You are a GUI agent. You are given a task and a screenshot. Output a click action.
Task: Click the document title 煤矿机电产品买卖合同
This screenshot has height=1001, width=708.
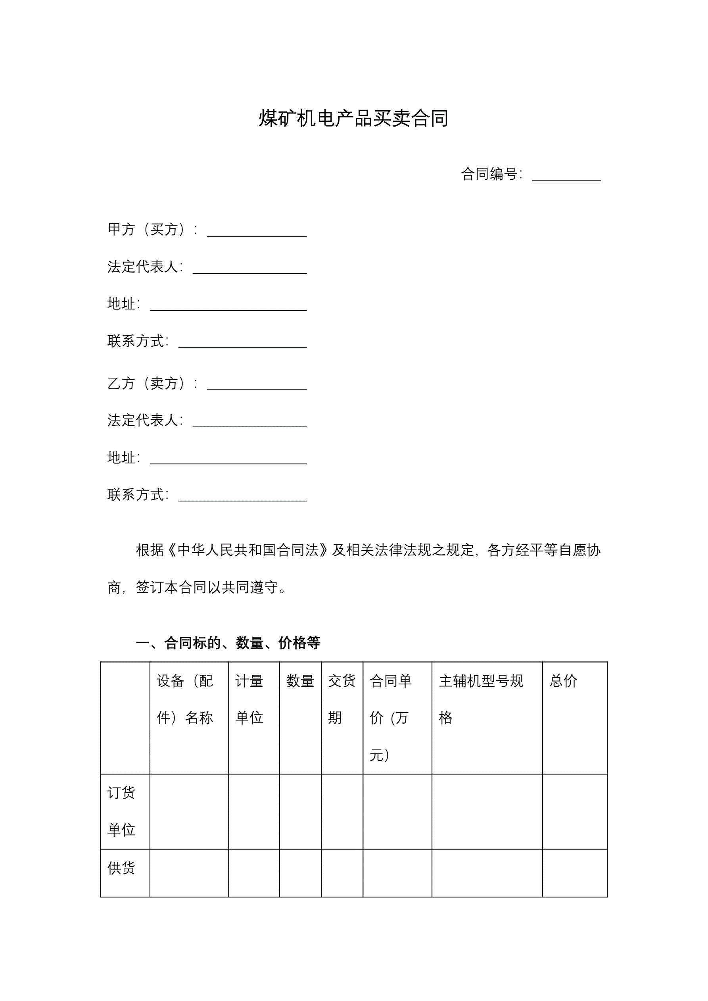353,119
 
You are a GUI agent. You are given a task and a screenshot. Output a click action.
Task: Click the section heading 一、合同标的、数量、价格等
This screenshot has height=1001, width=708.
228,643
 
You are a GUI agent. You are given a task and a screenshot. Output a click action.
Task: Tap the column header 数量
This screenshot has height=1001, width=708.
300,681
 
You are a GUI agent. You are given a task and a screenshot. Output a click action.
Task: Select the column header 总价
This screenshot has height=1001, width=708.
563,681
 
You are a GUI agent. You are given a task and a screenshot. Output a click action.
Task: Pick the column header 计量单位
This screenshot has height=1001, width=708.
249,698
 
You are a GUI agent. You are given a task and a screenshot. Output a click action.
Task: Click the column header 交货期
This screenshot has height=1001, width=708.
342,698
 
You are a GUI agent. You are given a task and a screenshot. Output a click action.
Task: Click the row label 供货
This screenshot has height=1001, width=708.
121,868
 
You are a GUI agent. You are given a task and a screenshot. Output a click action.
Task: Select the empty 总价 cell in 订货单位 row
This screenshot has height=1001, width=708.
575,811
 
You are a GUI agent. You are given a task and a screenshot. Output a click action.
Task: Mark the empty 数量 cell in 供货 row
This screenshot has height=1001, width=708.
300,873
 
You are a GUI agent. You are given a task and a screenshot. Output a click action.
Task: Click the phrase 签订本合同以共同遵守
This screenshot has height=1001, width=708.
207,588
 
